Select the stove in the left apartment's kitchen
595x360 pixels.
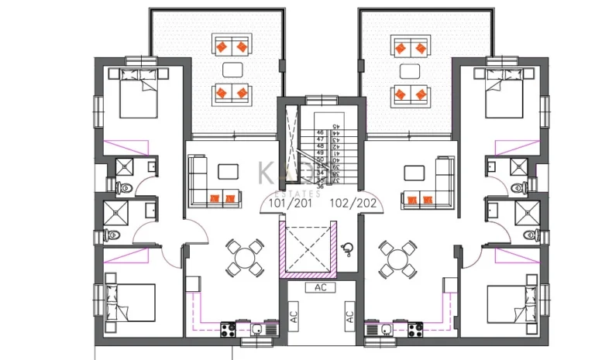[x=229, y=329]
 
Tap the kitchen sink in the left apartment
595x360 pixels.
[x=254, y=329]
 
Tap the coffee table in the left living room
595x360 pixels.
[x=229, y=171]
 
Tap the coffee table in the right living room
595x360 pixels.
[x=414, y=171]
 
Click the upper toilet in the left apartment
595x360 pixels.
[x=126, y=187]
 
